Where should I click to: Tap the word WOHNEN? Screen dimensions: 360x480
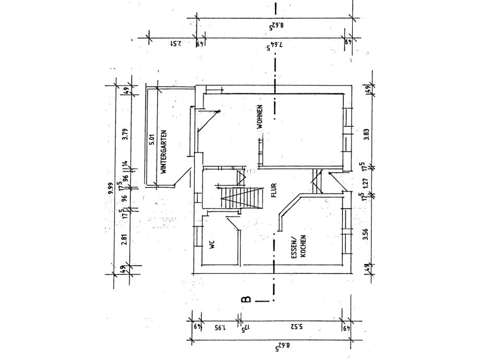(259, 117)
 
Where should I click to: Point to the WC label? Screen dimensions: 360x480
(212, 245)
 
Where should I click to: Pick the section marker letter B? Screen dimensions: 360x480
(246, 299)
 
